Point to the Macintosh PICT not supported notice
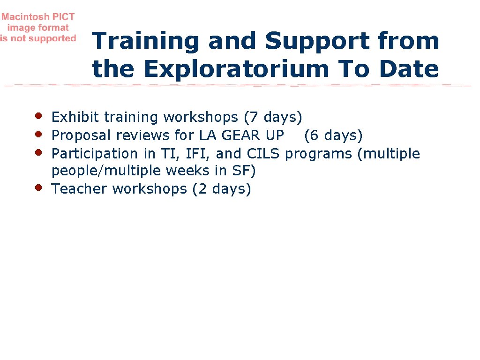[38, 28]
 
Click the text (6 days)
[333, 135]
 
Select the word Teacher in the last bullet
[79, 189]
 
